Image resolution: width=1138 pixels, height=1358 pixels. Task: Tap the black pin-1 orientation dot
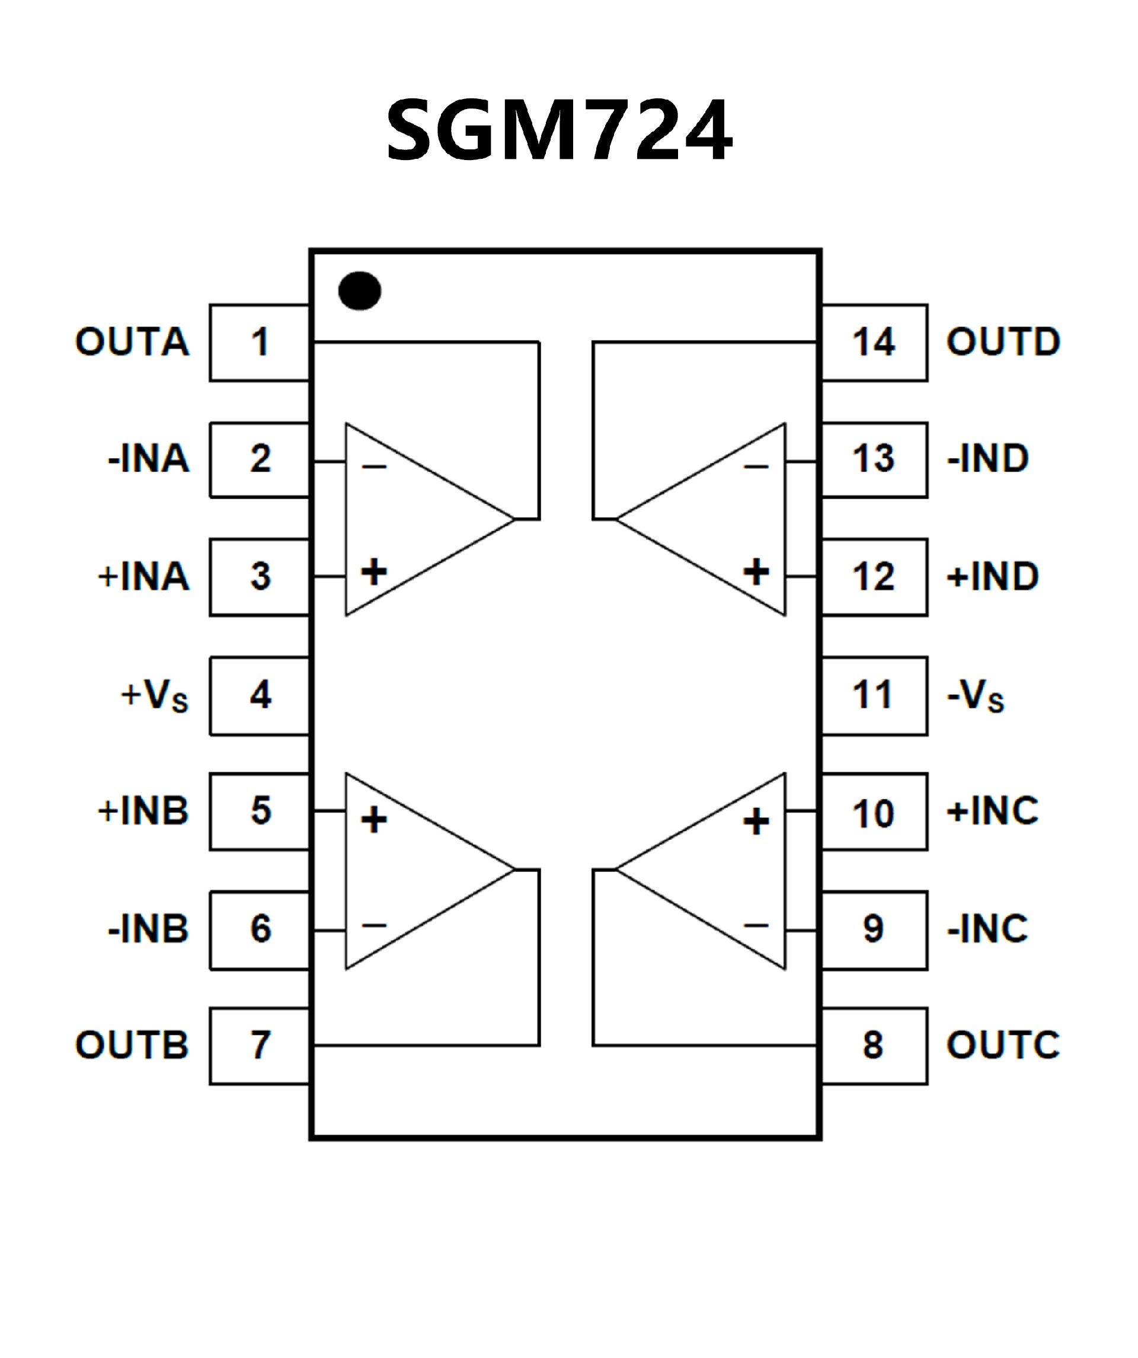[360, 290]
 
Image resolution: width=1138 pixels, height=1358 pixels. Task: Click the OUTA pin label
[133, 342]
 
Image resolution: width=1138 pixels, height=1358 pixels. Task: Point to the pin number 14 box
[874, 342]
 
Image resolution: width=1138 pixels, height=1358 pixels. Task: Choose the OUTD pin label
[1003, 342]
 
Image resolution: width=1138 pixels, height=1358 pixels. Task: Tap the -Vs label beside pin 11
[975, 696]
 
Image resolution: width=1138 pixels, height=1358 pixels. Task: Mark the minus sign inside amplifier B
[374, 926]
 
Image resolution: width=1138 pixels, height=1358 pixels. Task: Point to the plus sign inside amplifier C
[756, 822]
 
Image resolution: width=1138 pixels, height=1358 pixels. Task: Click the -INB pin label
[148, 929]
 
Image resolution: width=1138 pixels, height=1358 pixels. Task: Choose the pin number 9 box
[874, 929]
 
